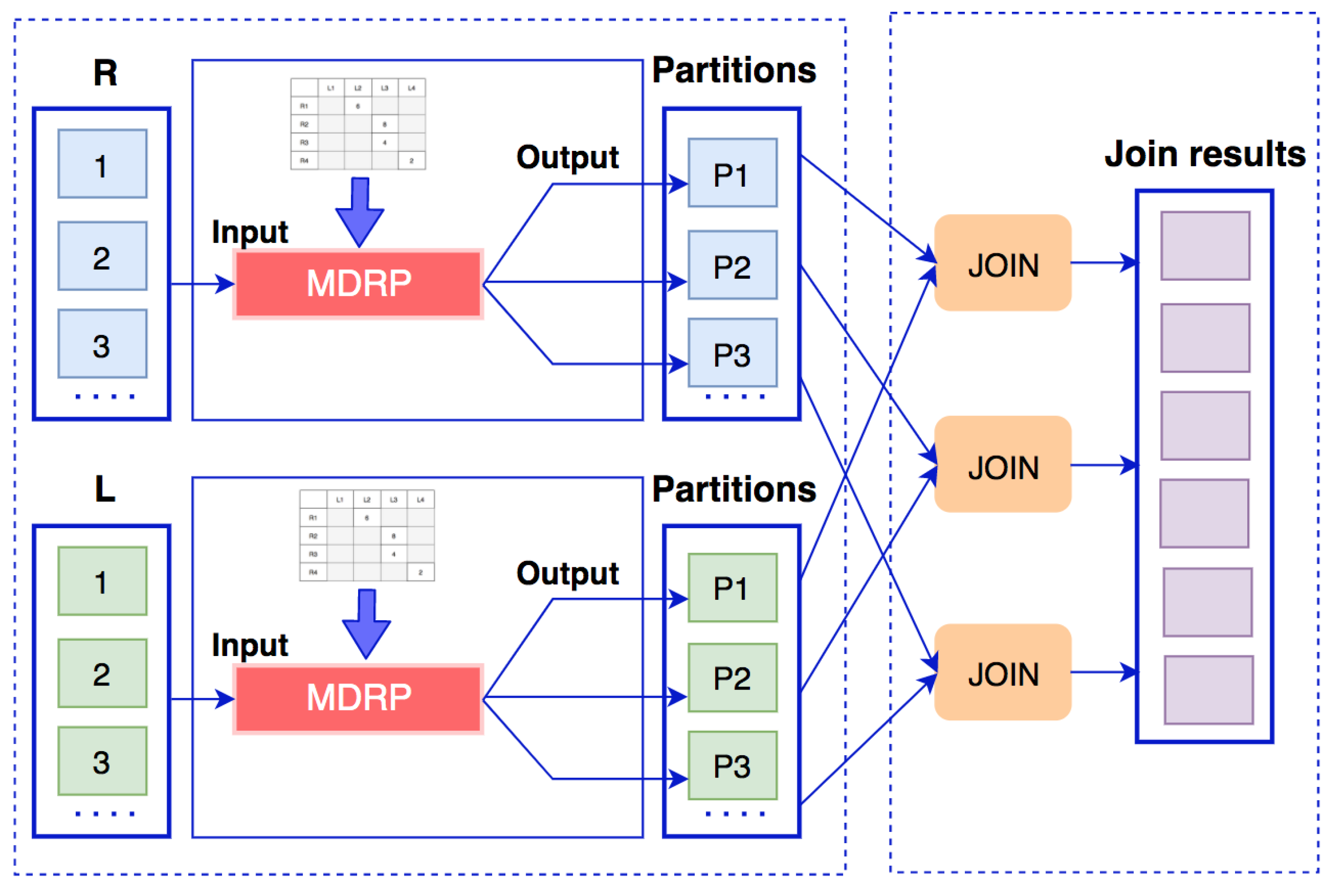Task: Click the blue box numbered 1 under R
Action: pyautogui.click(x=102, y=164)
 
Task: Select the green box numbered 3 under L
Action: pyautogui.click(x=102, y=761)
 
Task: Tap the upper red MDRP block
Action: pyautogui.click(x=358, y=284)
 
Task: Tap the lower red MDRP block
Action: pyautogui.click(x=358, y=698)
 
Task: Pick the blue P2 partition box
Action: pyautogui.click(x=732, y=265)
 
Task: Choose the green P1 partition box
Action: pyautogui.click(x=732, y=588)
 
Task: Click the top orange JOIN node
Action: pyautogui.click(x=1002, y=263)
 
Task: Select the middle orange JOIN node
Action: pyautogui.click(x=1002, y=464)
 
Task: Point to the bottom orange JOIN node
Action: pyautogui.click(x=1002, y=672)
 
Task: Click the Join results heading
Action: pyautogui.click(x=1205, y=154)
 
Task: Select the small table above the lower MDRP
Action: pyautogui.click(x=367, y=535)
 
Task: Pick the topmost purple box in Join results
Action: pyautogui.click(x=1205, y=246)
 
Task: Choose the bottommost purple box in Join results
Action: pyautogui.click(x=1208, y=690)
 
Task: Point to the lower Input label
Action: pyautogui.click(x=249, y=645)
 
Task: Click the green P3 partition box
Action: pyautogui.click(x=732, y=766)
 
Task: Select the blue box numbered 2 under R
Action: pyautogui.click(x=102, y=256)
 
